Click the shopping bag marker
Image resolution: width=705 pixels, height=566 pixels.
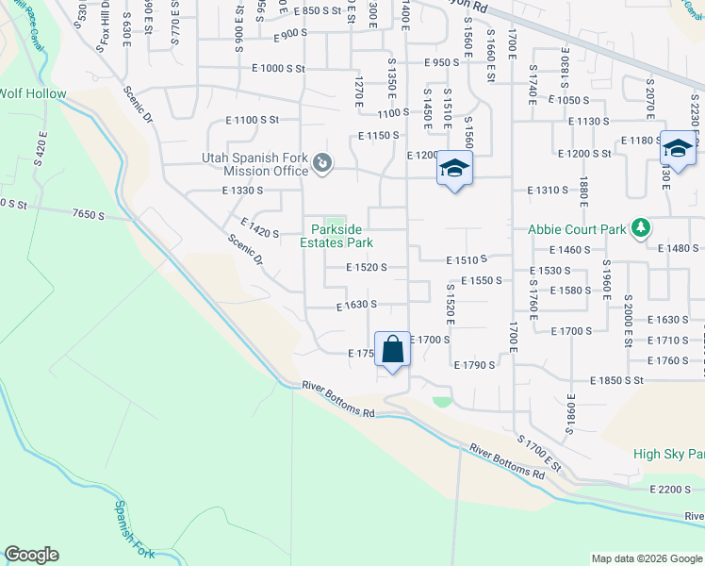(392, 349)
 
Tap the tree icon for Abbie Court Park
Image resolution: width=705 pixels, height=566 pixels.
(642, 228)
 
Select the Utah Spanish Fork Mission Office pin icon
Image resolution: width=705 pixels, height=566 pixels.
(322, 164)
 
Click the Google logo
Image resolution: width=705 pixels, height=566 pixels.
(31, 555)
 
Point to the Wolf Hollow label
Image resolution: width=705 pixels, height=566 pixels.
(33, 93)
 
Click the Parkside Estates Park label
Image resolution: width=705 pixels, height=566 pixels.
(336, 236)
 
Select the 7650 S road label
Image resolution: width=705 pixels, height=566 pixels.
(88, 215)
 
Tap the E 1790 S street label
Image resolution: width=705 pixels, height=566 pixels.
(474, 364)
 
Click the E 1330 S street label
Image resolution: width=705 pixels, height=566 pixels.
(242, 191)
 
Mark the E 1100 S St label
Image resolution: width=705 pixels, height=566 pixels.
(253, 120)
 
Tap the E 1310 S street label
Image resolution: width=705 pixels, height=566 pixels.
(547, 190)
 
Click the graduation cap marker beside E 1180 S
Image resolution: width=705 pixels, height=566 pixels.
(678, 147)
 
